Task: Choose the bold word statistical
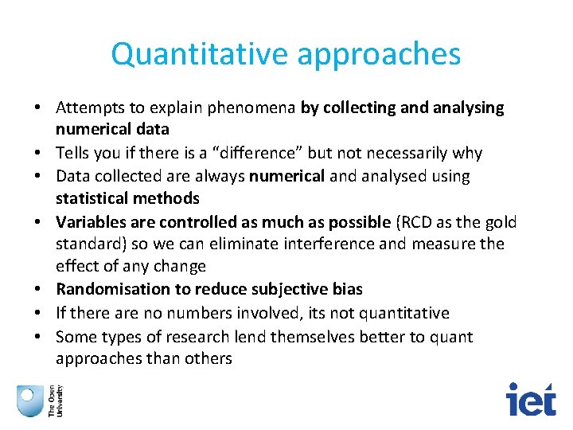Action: click(91, 197)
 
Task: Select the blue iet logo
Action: click(532, 399)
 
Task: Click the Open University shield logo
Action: click(30, 399)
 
